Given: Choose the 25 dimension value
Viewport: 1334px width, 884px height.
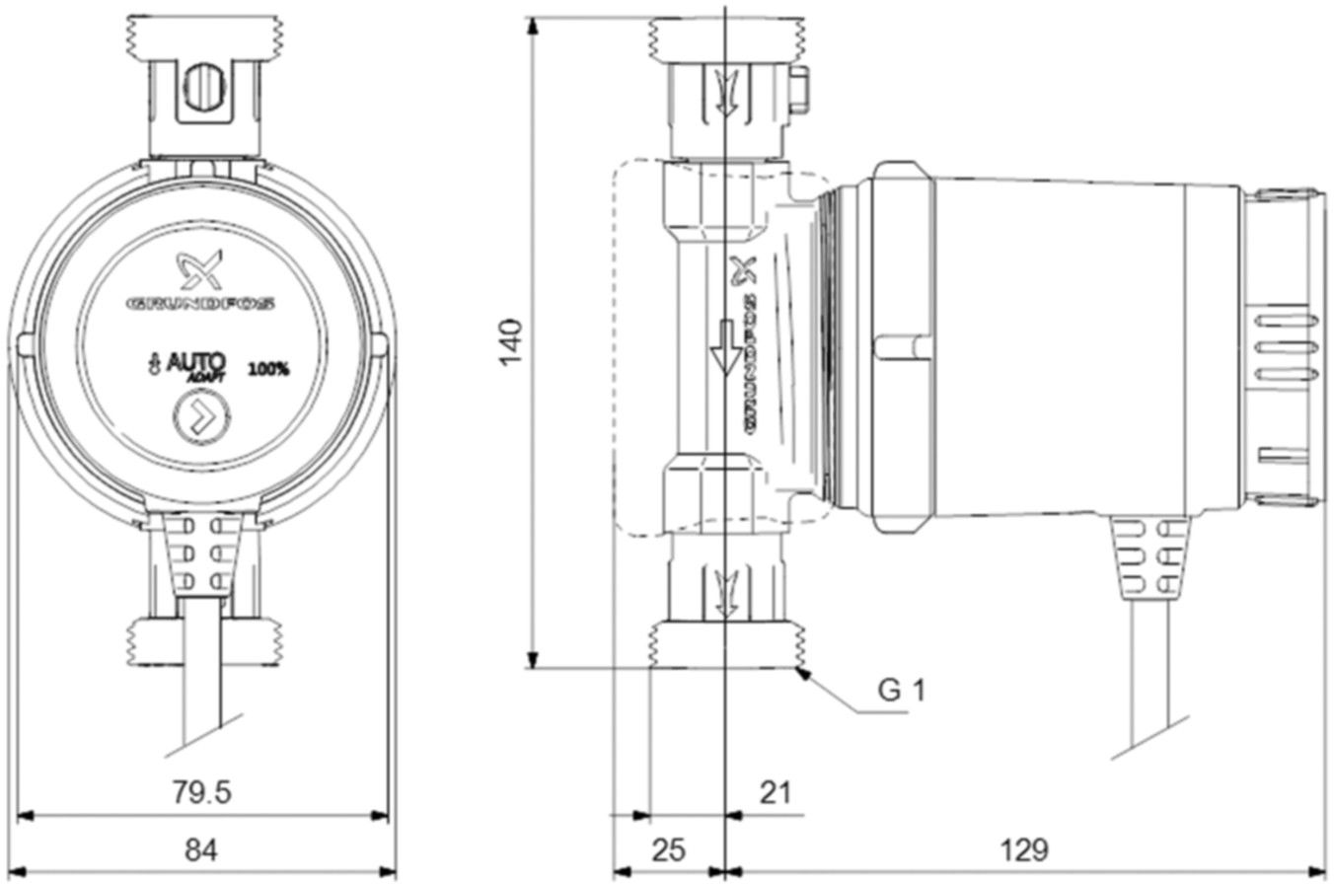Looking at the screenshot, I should tap(668, 848).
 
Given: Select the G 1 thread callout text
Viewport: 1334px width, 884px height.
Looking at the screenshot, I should tap(902, 690).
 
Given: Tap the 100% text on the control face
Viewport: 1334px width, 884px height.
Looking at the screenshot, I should tap(268, 370).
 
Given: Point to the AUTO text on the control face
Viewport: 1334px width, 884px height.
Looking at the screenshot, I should tap(196, 362).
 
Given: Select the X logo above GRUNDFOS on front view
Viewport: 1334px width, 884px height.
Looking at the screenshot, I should tap(201, 268).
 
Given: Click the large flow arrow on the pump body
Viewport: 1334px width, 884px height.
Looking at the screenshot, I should tap(726, 347).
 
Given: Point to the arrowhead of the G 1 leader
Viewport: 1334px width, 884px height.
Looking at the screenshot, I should tap(804, 673).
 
